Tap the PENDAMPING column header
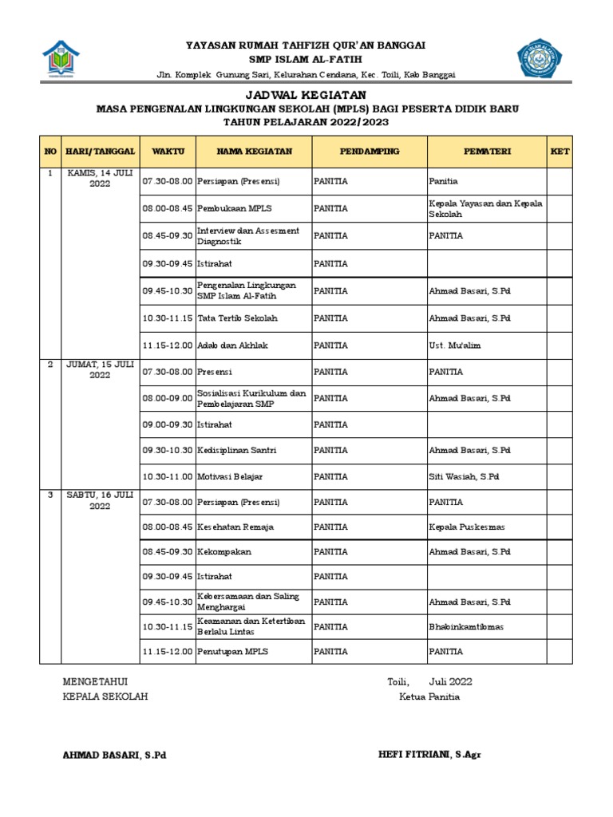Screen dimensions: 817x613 [369, 151]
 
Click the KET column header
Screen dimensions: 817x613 [560, 151]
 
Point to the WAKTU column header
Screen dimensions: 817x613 [168, 151]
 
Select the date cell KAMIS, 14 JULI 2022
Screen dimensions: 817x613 [101, 177]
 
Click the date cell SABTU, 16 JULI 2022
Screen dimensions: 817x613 [101, 500]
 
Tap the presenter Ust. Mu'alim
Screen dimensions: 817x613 [456, 345]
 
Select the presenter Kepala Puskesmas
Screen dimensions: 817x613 [466, 527]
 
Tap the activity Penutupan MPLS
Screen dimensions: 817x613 [232, 652]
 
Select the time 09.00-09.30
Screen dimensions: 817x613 [168, 424]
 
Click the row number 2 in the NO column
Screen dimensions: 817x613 [49, 364]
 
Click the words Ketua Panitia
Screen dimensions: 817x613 [429, 697]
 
